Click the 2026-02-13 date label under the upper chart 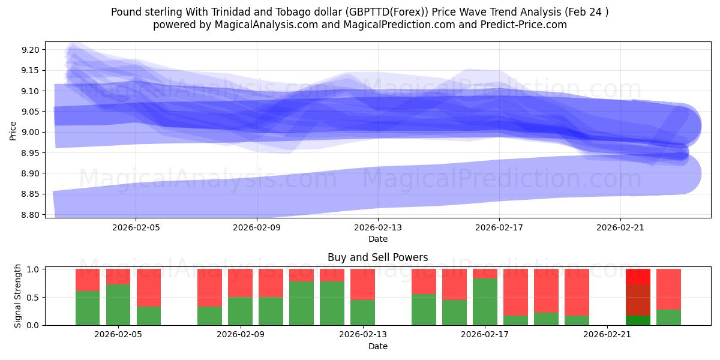point(378,228)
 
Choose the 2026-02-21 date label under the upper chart point(620,228)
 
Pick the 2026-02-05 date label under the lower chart point(118,335)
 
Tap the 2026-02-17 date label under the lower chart point(485,335)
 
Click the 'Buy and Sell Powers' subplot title point(377,257)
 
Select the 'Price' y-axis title point(13,130)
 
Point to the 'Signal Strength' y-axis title point(18,296)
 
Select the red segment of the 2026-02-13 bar point(362,284)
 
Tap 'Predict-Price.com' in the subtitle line point(528,25)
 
